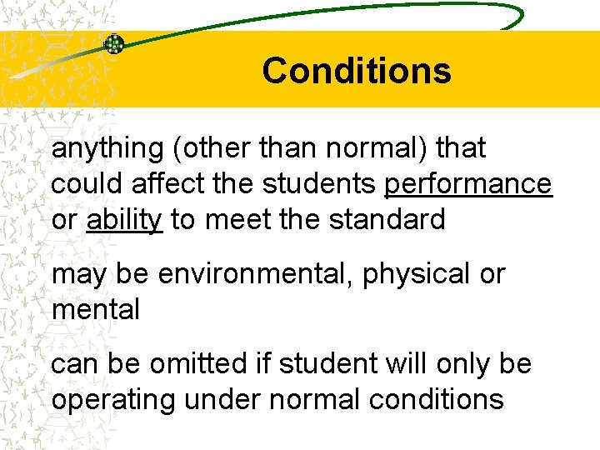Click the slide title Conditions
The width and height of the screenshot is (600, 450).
(356, 71)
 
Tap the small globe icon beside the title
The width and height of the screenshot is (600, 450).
(114, 44)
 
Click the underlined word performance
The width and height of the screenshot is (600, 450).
(467, 184)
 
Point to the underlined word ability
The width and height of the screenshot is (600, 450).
(124, 220)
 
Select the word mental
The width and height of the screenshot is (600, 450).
(95, 310)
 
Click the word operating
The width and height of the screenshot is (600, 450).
(112, 400)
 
